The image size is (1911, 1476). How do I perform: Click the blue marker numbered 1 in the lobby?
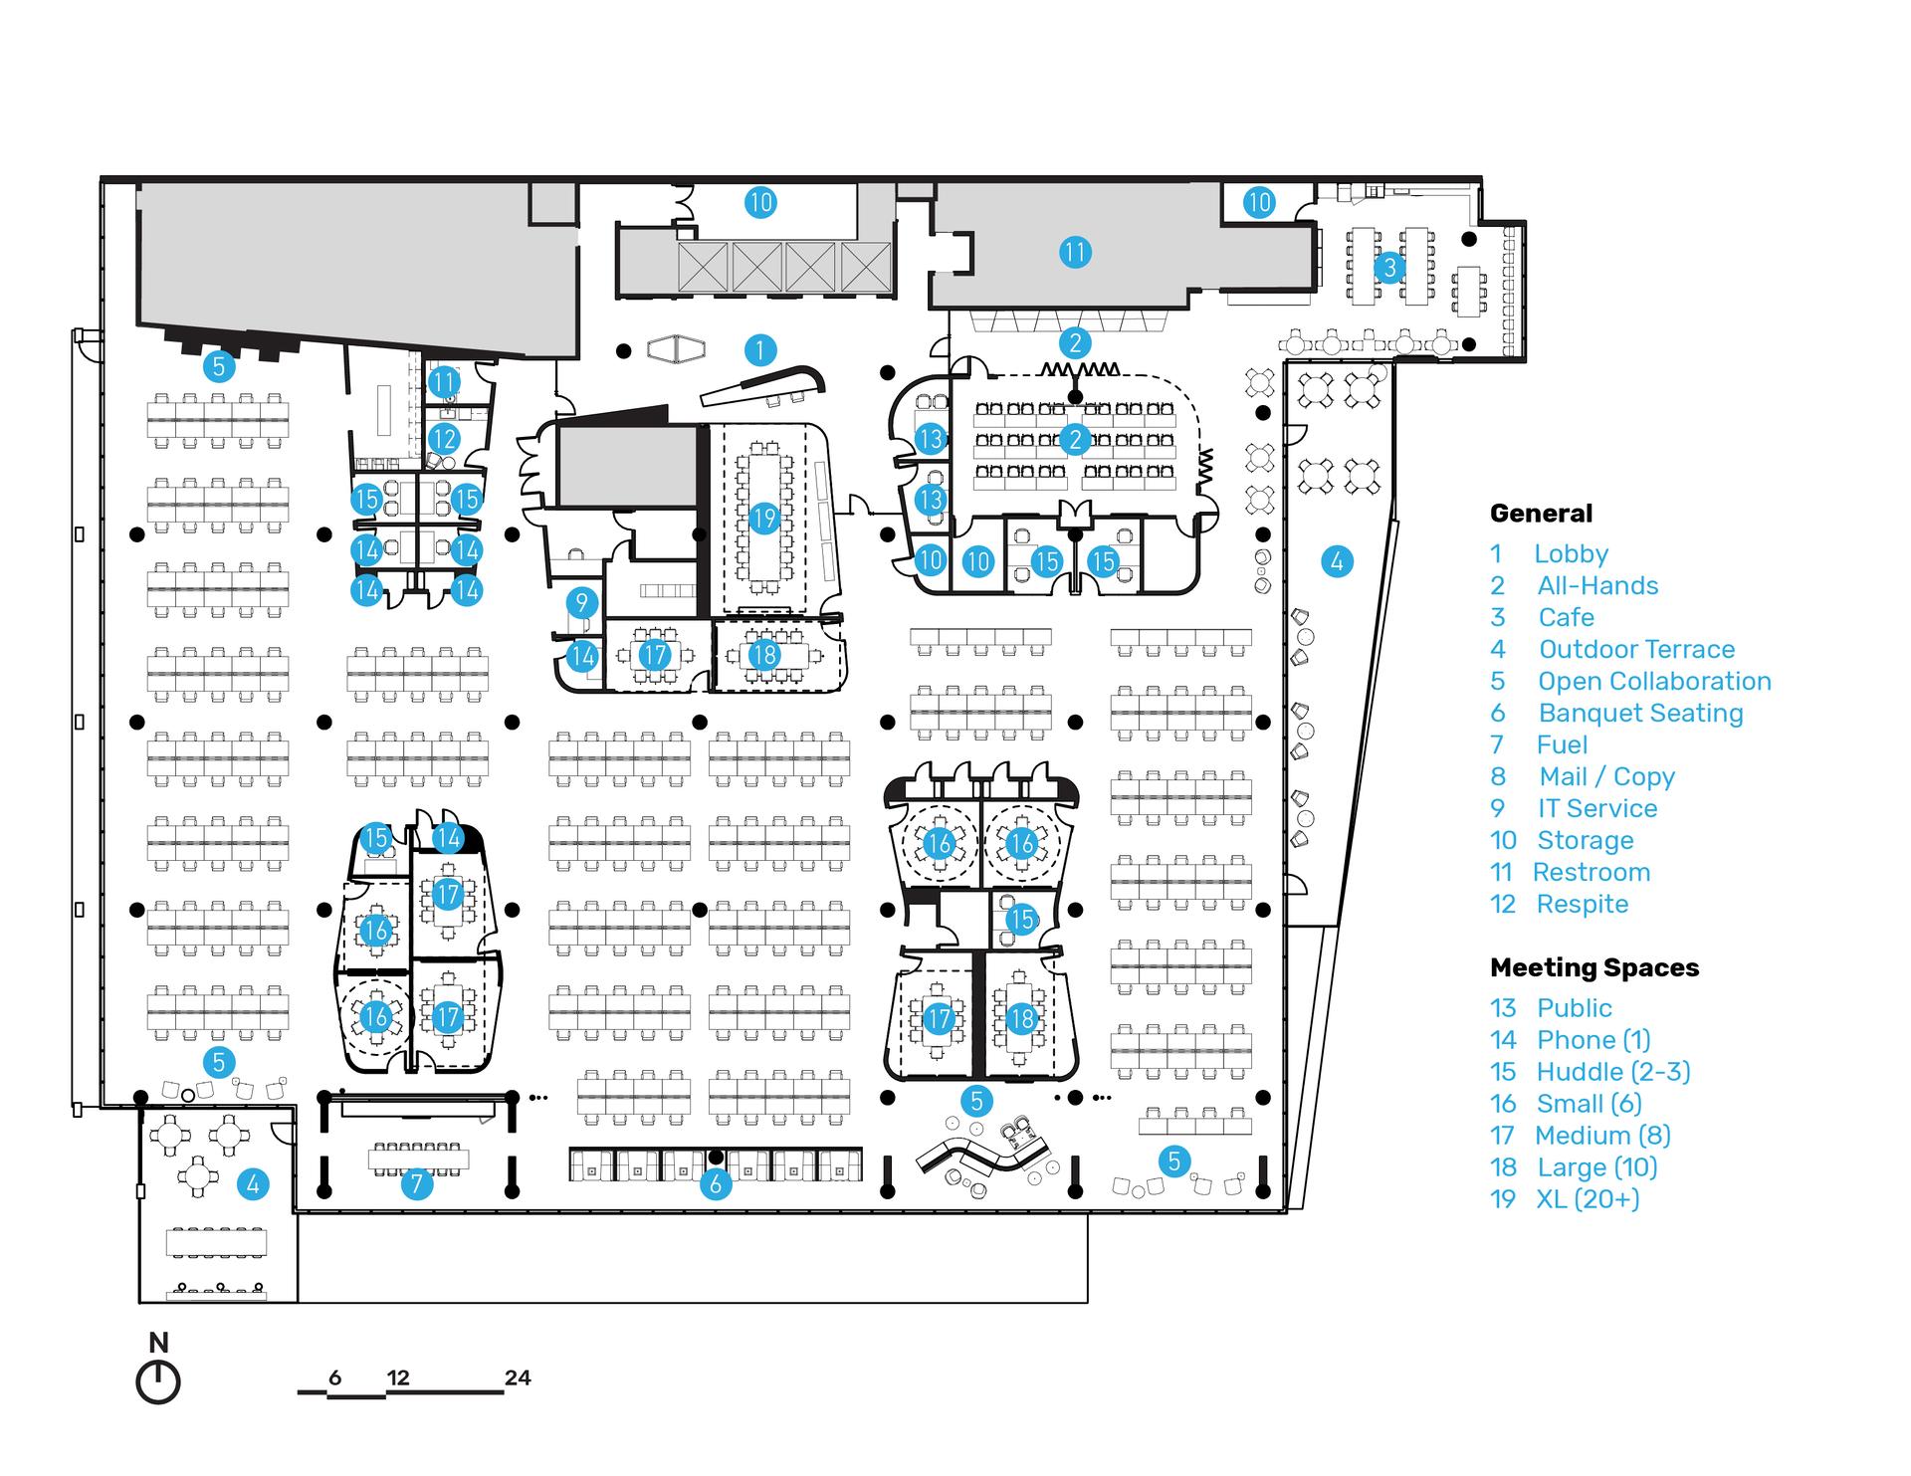(760, 349)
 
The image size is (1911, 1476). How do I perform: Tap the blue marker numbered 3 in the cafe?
(1389, 267)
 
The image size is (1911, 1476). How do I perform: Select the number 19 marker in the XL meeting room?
(763, 519)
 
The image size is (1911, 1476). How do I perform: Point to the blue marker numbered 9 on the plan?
(582, 602)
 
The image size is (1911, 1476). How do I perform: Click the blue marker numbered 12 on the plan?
(444, 439)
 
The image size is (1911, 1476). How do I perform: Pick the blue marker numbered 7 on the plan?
(416, 1183)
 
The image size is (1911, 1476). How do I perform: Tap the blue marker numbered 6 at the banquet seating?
(715, 1184)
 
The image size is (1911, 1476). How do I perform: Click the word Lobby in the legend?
(1571, 554)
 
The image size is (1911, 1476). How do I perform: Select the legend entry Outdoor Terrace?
(1636, 649)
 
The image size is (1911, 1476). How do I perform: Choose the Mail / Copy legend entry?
(1606, 777)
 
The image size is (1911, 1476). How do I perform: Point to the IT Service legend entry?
(1597, 808)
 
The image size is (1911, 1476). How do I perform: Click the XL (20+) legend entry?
(1588, 1199)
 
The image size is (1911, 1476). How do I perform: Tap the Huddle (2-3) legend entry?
(1613, 1072)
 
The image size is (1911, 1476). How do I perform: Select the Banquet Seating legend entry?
(1640, 713)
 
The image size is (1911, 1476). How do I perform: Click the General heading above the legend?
(1541, 514)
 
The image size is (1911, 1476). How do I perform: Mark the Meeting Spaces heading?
(1594, 967)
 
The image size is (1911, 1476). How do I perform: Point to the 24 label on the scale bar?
(518, 1378)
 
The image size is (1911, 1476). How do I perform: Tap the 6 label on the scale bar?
(334, 1378)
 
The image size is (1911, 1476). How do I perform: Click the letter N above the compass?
(158, 1343)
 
